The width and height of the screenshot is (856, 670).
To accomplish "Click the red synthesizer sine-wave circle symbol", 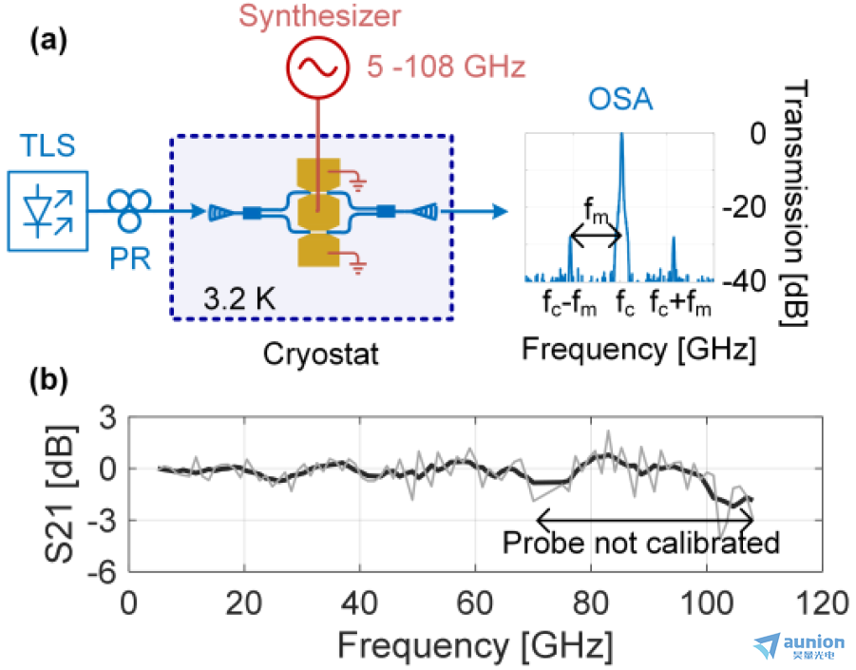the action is tap(317, 67).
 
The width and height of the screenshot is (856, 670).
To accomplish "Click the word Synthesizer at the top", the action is tap(320, 16).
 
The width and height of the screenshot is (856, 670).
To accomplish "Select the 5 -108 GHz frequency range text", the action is tap(446, 67).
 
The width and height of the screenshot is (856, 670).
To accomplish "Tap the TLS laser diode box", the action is tap(48, 211).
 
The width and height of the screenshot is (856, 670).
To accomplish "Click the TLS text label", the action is tap(48, 145).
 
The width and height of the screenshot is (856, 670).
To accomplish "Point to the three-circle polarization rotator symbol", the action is tap(129, 210).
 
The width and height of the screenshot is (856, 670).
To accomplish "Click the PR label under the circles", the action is tap(130, 258).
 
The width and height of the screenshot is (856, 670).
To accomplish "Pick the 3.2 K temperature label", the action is tap(239, 298).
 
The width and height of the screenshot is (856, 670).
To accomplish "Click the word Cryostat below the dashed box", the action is tap(320, 354).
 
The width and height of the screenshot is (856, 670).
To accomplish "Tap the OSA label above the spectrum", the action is tap(620, 100).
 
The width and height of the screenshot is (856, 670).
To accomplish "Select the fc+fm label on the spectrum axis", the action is tap(680, 303).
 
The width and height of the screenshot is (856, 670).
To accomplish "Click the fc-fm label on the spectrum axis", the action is tap(569, 303).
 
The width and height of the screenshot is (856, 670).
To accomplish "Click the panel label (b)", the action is tap(48, 380).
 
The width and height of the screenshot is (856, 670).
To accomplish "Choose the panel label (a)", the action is tap(48, 41).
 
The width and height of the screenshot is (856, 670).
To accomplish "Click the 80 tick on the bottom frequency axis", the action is tap(591, 603).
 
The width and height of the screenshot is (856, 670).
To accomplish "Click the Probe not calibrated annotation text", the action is tap(641, 543).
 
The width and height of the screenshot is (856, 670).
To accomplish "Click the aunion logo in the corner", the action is tap(799, 647).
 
